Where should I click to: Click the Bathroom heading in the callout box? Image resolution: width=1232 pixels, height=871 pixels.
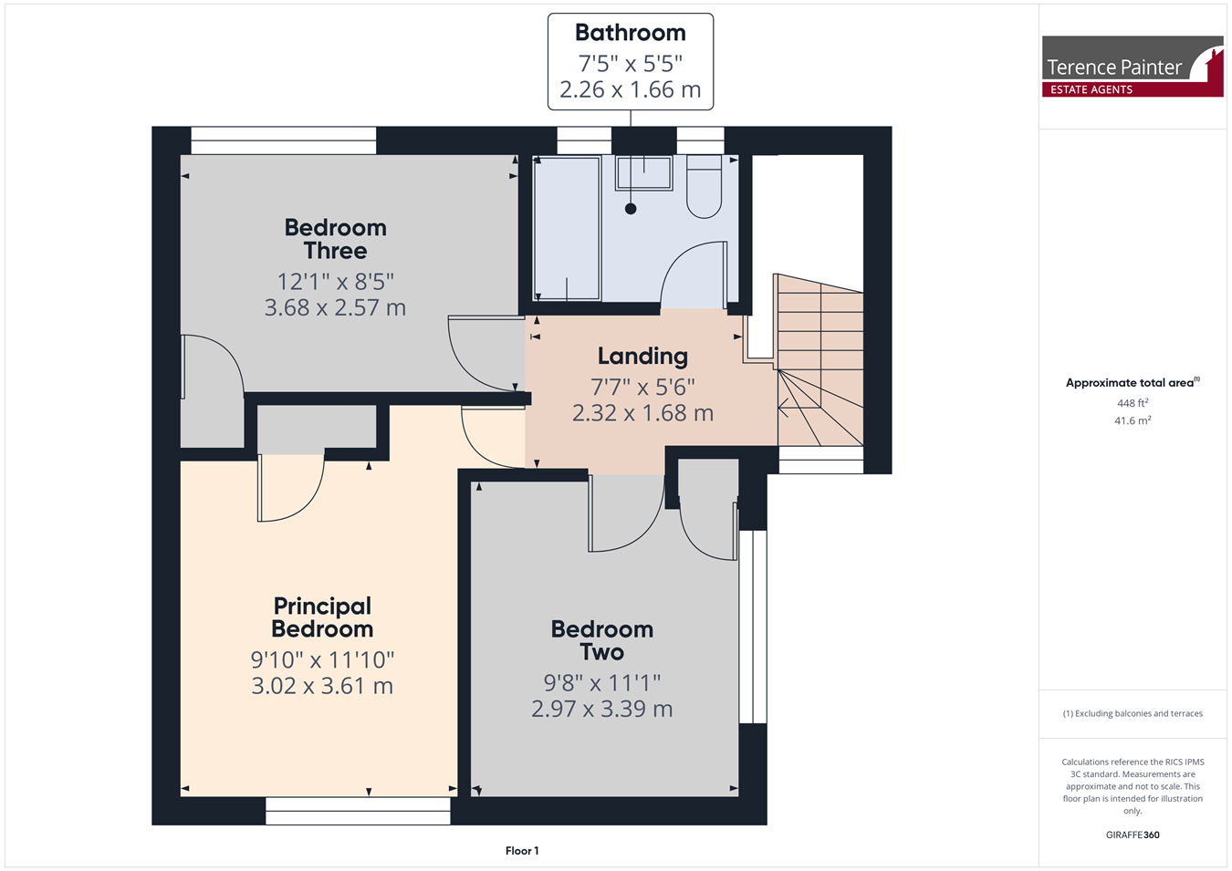pos(631,33)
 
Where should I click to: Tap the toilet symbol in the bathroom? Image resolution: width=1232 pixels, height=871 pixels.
pos(704,186)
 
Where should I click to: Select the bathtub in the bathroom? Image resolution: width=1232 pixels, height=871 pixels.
pos(567,228)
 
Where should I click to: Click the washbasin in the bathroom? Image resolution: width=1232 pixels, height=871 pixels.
pos(643,173)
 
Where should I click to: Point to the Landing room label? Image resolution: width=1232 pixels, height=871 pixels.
pos(642,357)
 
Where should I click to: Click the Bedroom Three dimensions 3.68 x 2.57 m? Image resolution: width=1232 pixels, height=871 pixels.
pos(335,307)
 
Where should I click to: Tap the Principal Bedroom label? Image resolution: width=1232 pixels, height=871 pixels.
pos(322,617)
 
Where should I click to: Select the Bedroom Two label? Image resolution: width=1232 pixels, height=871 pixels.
pos(602,641)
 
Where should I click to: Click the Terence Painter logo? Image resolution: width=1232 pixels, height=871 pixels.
pos(1133,67)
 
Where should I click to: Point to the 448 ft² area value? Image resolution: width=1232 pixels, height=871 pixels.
pos(1133,403)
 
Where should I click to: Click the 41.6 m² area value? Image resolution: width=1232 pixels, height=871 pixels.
pos(1133,420)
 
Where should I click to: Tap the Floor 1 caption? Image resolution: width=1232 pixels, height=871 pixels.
pos(522,851)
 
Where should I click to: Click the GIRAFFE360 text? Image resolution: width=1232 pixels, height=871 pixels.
pos(1133,835)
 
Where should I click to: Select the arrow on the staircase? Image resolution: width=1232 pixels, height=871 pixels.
pos(799,408)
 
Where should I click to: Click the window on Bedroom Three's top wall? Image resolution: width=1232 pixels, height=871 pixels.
pos(284,140)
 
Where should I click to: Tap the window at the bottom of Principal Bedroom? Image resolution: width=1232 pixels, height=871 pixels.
pos(358,811)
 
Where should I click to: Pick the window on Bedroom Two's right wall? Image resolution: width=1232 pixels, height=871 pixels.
pos(753,627)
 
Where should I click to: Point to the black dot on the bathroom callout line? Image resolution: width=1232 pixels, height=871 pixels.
pos(631,209)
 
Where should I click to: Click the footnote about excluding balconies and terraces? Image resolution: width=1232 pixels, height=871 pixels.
pos(1133,713)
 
